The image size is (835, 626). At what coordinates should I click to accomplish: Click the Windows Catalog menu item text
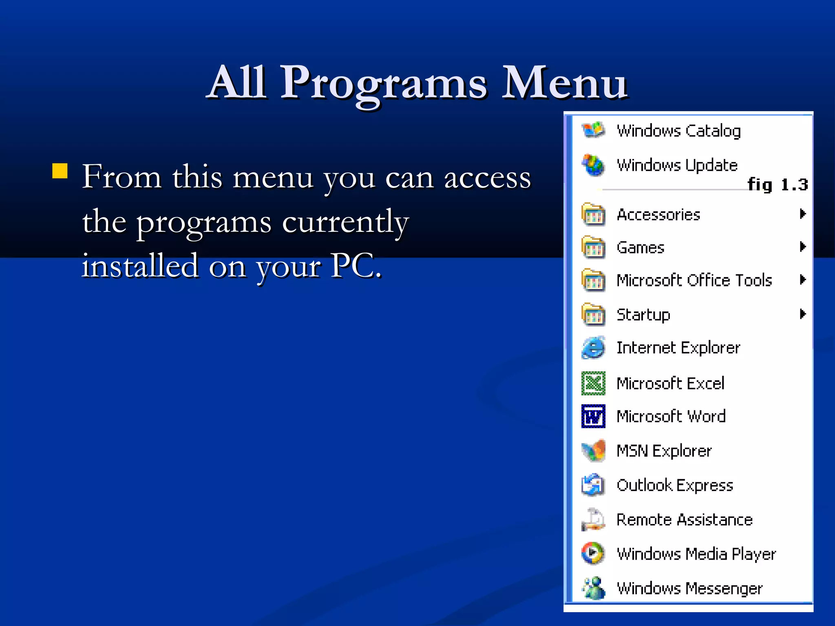[678, 131]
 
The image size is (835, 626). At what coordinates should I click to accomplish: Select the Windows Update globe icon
[593, 165]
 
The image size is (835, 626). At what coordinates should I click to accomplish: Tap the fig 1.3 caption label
[777, 185]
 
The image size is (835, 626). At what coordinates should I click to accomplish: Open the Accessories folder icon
[593, 214]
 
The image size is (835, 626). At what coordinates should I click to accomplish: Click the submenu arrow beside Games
[802, 247]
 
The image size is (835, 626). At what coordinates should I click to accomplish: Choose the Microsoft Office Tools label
[694, 280]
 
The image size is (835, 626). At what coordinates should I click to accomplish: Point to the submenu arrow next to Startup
[802, 314]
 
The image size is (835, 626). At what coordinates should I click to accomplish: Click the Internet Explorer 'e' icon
[593, 348]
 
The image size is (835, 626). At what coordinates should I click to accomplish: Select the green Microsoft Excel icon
[593, 383]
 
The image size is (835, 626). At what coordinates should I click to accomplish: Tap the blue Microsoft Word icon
[593, 416]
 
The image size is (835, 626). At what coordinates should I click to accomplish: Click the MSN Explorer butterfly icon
[593, 451]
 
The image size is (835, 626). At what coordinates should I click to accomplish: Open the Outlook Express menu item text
[675, 485]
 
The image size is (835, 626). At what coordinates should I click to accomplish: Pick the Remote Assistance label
[684, 520]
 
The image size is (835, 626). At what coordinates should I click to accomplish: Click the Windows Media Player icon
[593, 553]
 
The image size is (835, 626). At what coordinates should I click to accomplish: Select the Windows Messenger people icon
[593, 588]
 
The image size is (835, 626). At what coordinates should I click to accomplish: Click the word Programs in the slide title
[383, 84]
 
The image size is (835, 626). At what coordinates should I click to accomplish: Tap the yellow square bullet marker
[60, 171]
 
